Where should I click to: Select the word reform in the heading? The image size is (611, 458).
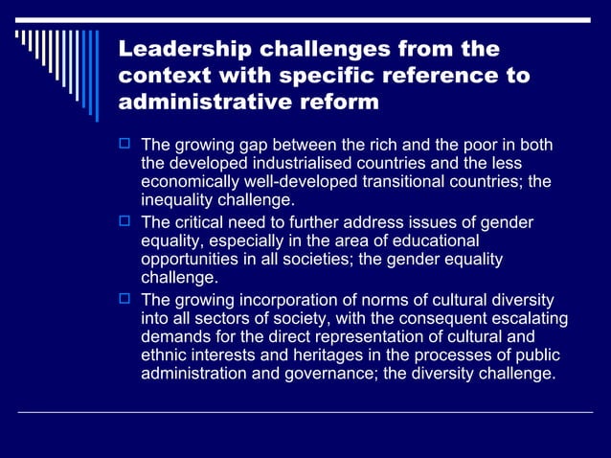click(x=340, y=101)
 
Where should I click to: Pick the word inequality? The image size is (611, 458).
click(x=178, y=201)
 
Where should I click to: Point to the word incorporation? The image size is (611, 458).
click(x=285, y=299)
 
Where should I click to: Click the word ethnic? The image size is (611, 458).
click(x=165, y=355)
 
